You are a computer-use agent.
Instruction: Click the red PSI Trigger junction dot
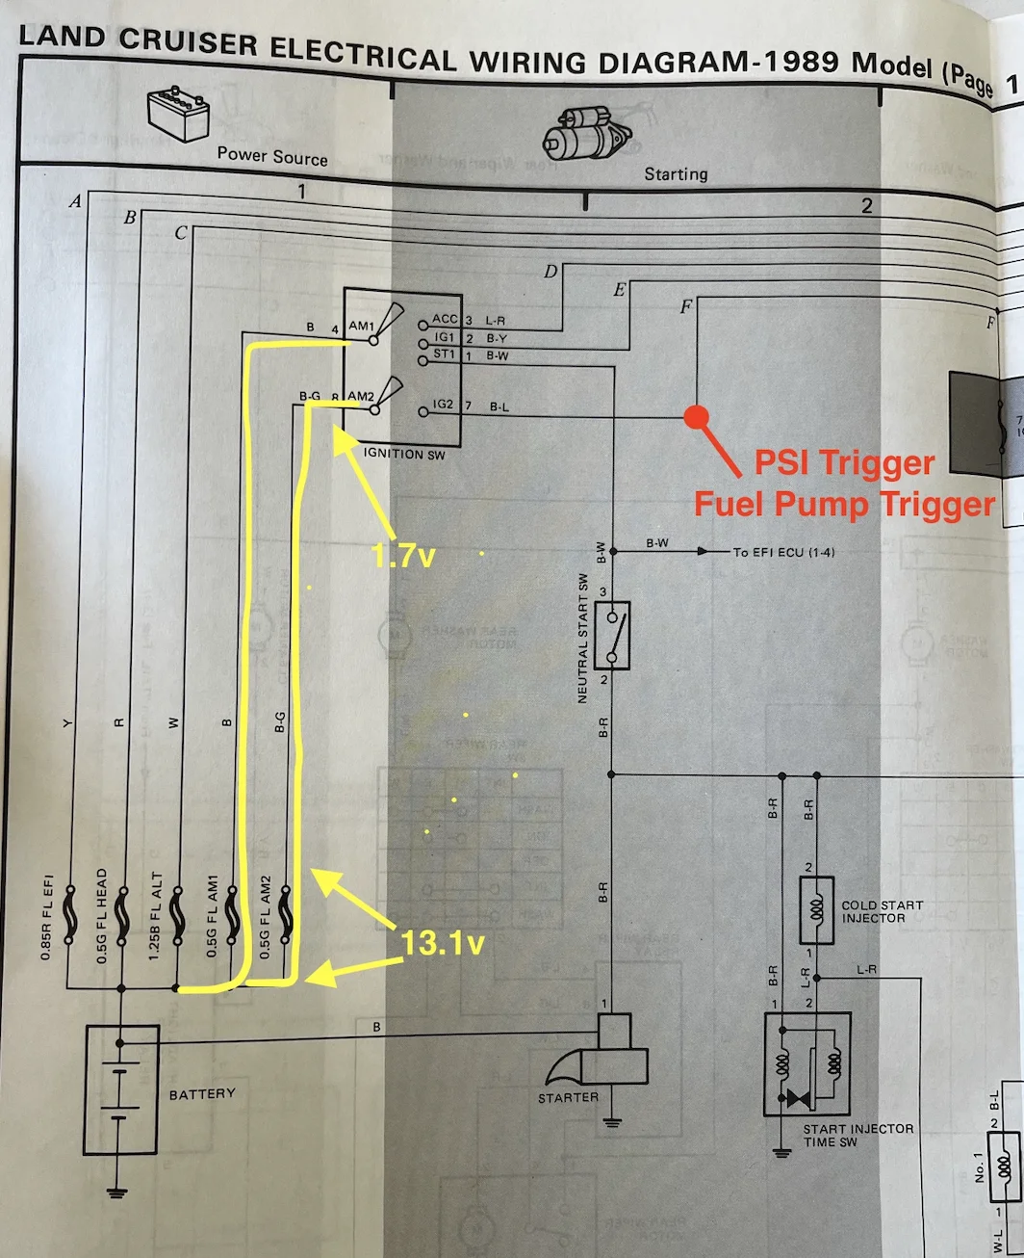(696, 417)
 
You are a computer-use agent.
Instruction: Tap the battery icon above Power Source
(179, 114)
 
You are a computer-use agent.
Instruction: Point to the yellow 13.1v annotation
(443, 942)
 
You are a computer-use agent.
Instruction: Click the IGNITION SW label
(404, 454)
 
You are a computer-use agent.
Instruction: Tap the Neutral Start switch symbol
(612, 635)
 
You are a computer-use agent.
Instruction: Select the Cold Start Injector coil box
(816, 909)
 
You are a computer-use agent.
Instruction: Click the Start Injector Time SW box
(806, 1064)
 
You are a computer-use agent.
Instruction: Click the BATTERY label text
(201, 1094)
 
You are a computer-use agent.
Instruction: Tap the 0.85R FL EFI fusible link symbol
(68, 915)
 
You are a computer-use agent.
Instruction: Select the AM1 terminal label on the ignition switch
(361, 327)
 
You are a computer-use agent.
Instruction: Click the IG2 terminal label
(443, 405)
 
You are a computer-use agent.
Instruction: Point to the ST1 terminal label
(444, 354)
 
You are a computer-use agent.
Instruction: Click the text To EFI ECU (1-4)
(784, 552)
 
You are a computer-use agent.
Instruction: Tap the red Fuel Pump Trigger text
(843, 504)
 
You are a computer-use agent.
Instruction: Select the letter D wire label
(550, 272)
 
